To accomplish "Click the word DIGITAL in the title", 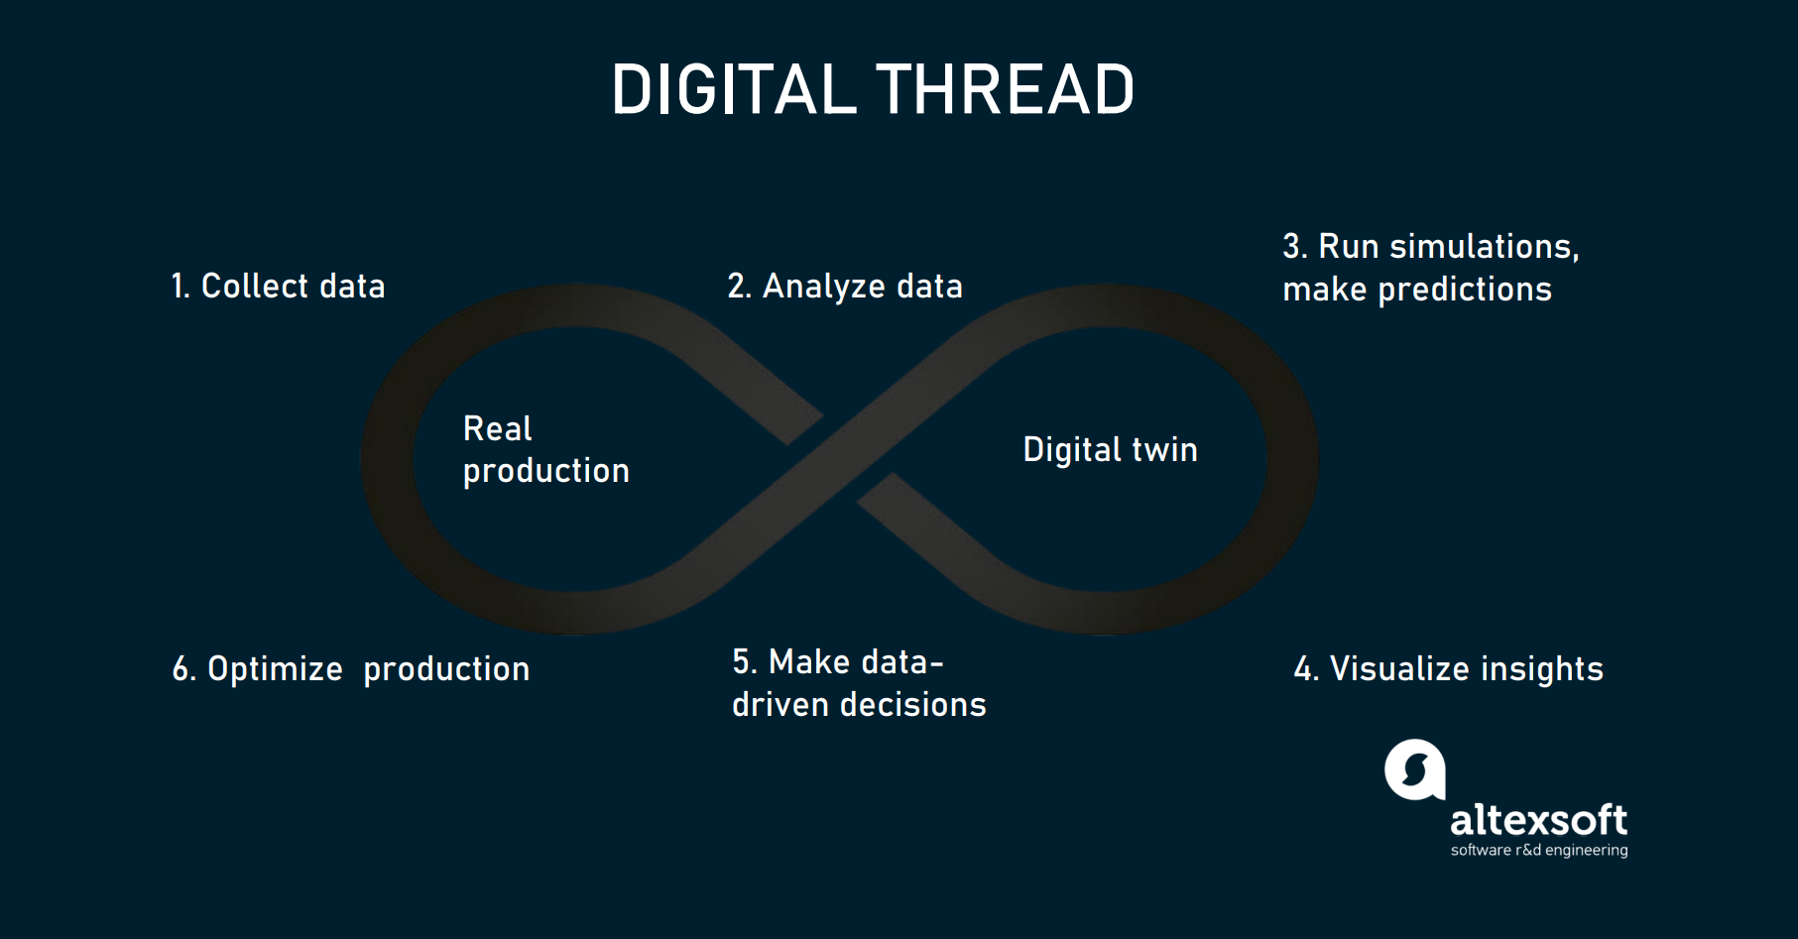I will pyautogui.click(x=733, y=90).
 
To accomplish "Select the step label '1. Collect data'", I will pyautogui.click(x=278, y=287).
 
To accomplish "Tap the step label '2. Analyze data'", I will pyautogui.click(x=845, y=287).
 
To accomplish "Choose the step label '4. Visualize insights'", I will pyautogui.click(x=1448, y=669).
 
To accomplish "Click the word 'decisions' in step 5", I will pyautogui.click(x=912, y=705).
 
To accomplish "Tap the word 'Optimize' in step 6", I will pyautogui.click(x=275, y=669).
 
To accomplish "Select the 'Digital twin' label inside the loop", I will pyautogui.click(x=1110, y=450).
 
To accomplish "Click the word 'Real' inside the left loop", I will pyautogui.click(x=497, y=429).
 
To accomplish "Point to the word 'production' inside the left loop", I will pyautogui.click(x=545, y=471).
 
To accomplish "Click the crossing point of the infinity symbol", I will pyautogui.click(x=840, y=458).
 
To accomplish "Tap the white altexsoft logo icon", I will pyautogui.click(x=1415, y=769).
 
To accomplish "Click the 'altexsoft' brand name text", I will pyautogui.click(x=1538, y=820).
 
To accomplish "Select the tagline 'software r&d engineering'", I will pyautogui.click(x=1538, y=851).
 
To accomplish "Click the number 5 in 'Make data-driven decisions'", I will pyautogui.click(x=741, y=662).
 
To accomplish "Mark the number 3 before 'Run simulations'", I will pyautogui.click(x=1291, y=246).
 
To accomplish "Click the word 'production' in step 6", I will pyautogui.click(x=446, y=669).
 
